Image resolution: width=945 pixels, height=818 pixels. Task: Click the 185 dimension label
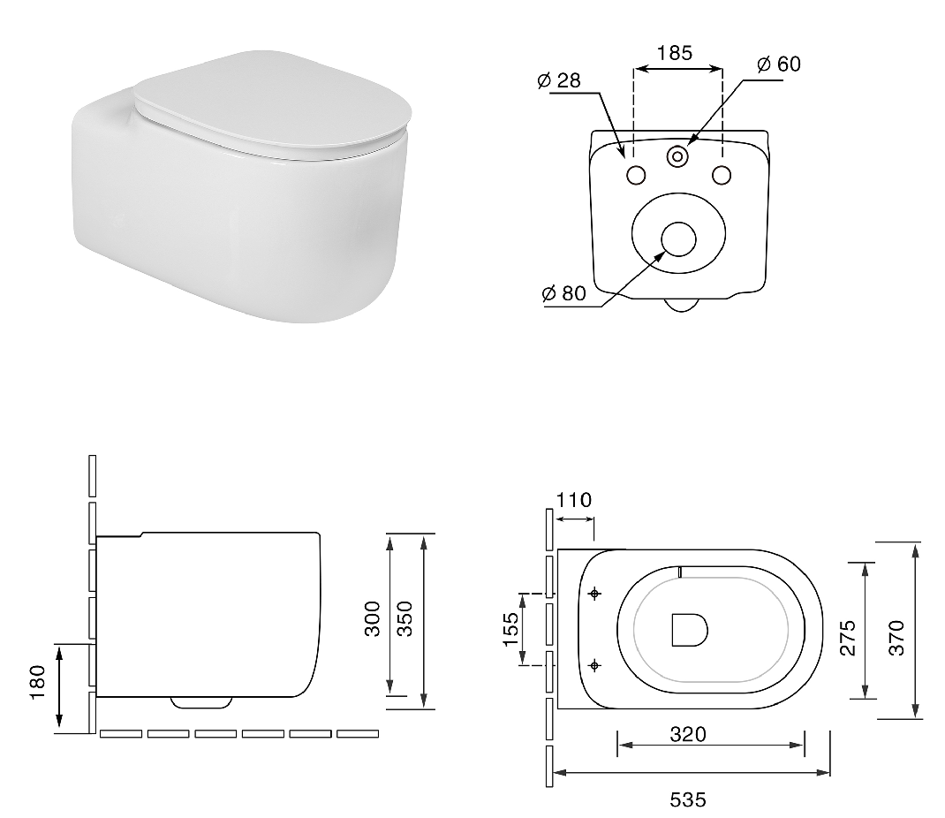click(675, 53)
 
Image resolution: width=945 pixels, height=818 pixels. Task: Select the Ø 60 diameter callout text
click(779, 64)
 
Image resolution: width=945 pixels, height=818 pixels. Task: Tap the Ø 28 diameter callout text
click(559, 80)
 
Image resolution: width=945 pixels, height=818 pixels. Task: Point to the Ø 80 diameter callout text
click(563, 293)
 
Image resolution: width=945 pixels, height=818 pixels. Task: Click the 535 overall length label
click(688, 799)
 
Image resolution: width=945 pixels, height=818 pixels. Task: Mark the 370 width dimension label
click(897, 638)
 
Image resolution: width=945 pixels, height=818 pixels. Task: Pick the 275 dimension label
click(848, 638)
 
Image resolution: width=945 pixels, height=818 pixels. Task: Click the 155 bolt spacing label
click(510, 629)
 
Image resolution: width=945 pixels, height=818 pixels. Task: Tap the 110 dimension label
click(574, 500)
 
